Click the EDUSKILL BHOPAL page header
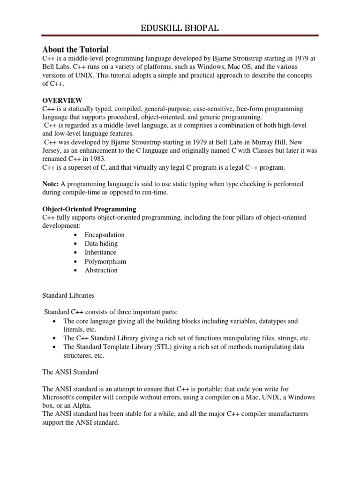pos(180,29)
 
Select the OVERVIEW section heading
pos(62,100)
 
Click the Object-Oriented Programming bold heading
pos(89,209)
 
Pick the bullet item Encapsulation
pos(105,235)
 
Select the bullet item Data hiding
pos(101,244)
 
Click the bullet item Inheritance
pos(100,253)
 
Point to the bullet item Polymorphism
pos(105,262)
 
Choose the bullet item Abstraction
pos(101,270)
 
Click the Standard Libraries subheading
pos(68,296)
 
